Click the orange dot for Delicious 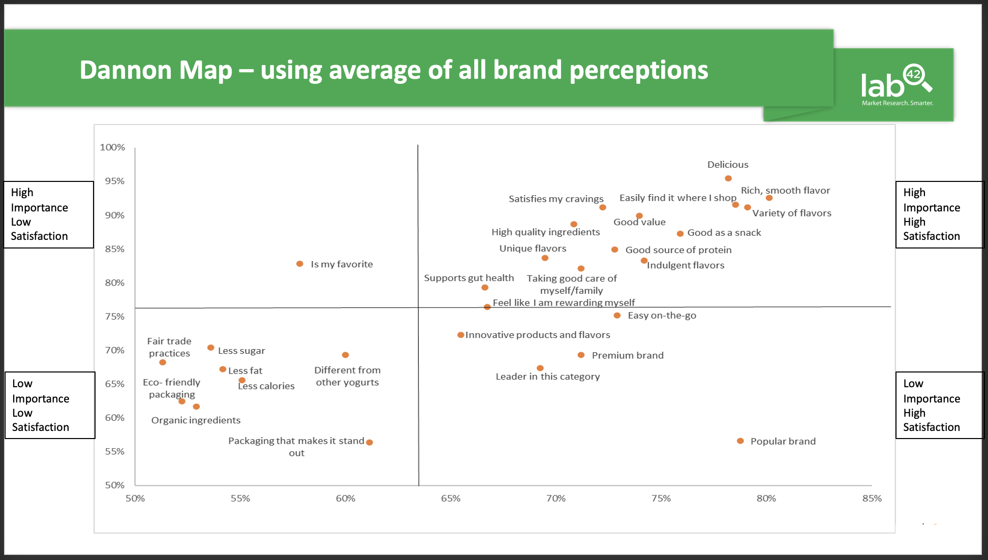tap(728, 178)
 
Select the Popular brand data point tap(740, 441)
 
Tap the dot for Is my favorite tap(300, 264)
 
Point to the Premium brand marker tap(581, 355)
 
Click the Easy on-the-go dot tap(617, 316)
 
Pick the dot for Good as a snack tap(680, 234)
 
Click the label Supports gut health tap(469, 278)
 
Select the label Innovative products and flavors tap(538, 335)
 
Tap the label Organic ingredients tap(196, 420)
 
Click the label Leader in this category tap(547, 377)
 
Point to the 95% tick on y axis tap(114, 181)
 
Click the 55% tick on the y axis tap(114, 451)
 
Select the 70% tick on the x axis tap(555, 499)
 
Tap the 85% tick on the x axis tap(872, 499)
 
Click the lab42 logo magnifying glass tap(917, 77)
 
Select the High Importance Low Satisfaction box tap(49, 214)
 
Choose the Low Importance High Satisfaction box tap(939, 405)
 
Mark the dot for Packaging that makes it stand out tap(369, 443)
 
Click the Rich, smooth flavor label tap(785, 191)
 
